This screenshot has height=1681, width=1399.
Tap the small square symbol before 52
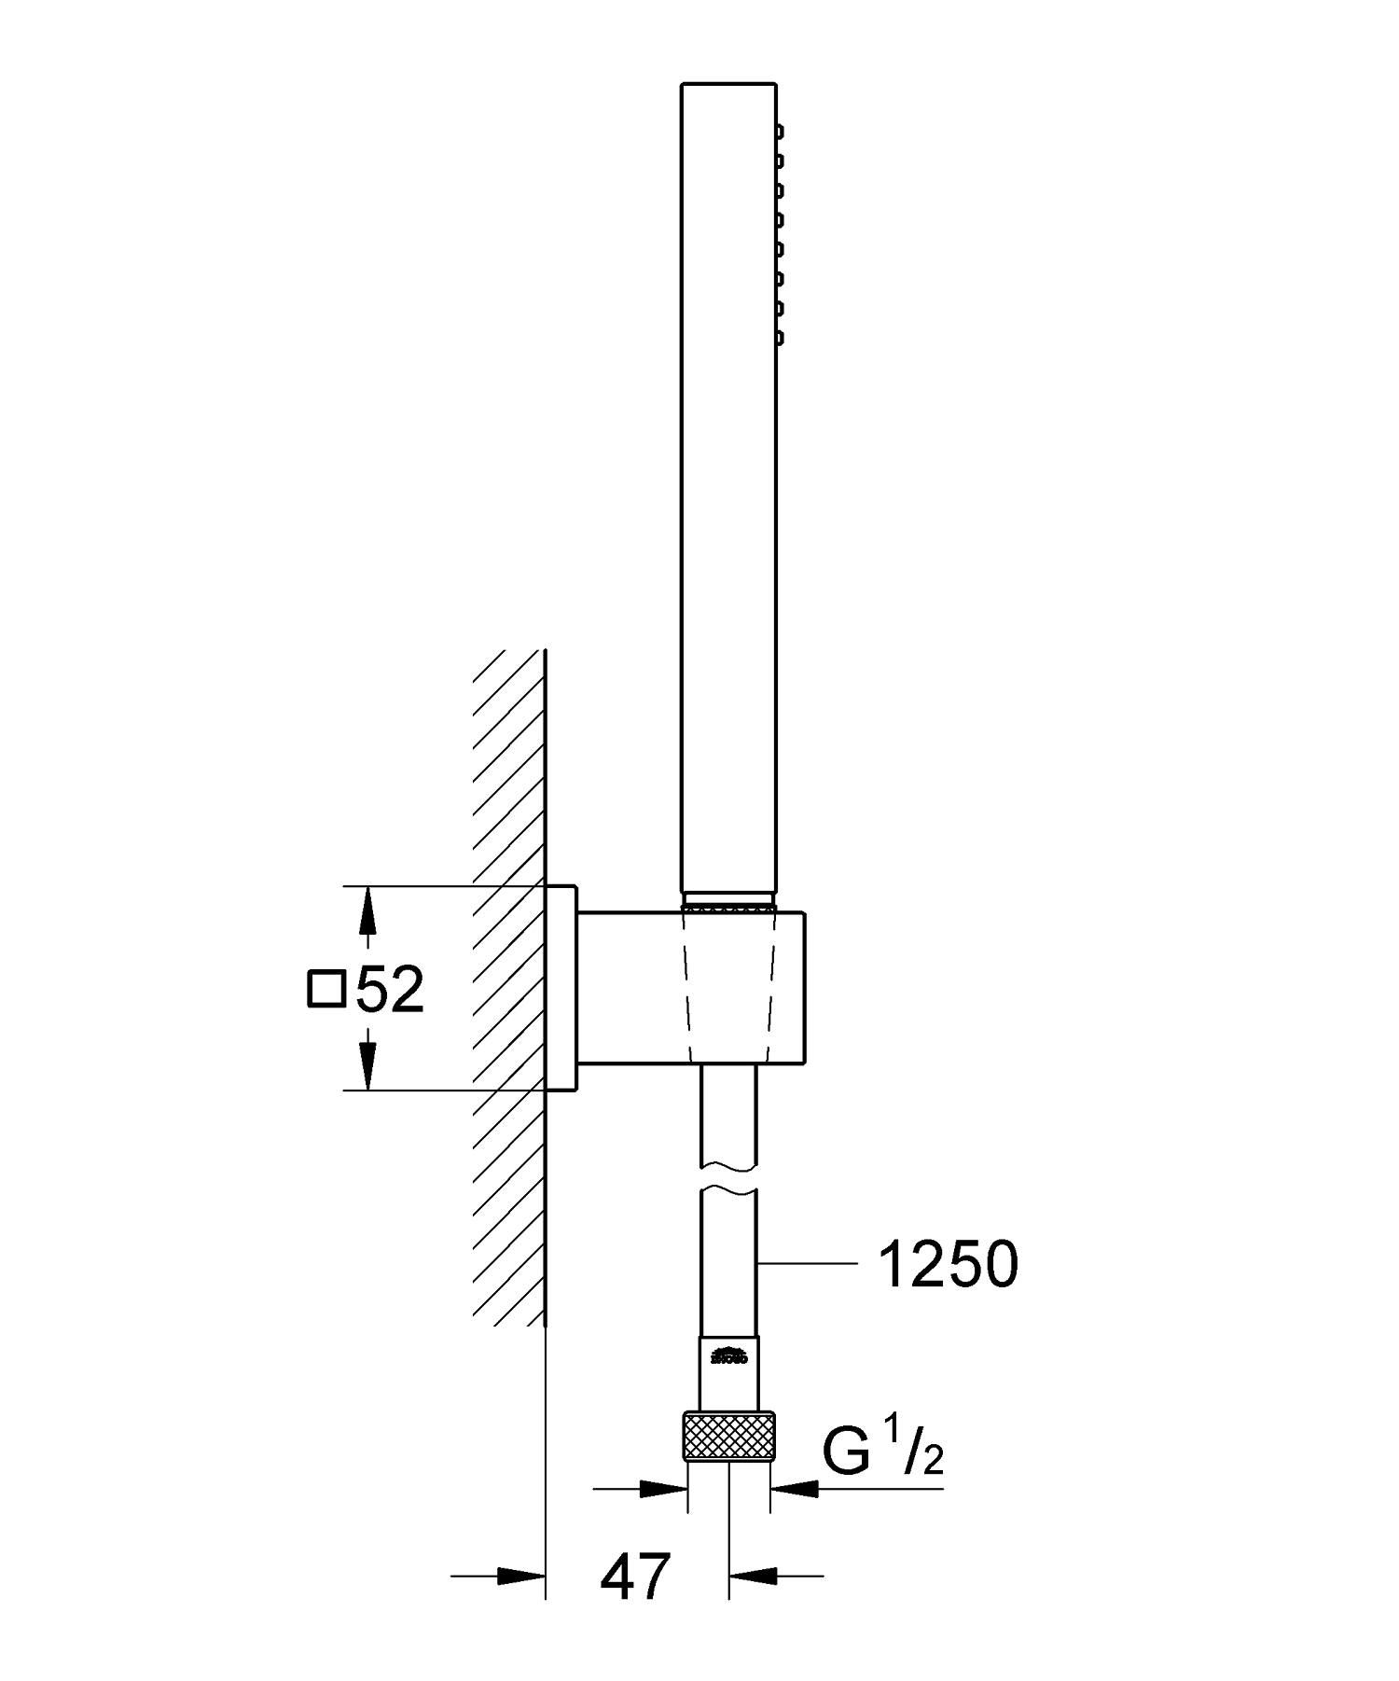tap(326, 990)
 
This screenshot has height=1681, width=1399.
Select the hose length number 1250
tap(949, 1266)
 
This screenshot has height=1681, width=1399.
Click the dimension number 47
tap(635, 1577)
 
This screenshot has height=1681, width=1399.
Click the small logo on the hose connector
tap(729, 1355)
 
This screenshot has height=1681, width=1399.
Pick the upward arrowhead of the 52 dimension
tap(368, 910)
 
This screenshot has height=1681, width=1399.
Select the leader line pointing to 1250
tap(807, 1264)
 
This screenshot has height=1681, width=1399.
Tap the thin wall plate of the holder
tap(561, 987)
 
